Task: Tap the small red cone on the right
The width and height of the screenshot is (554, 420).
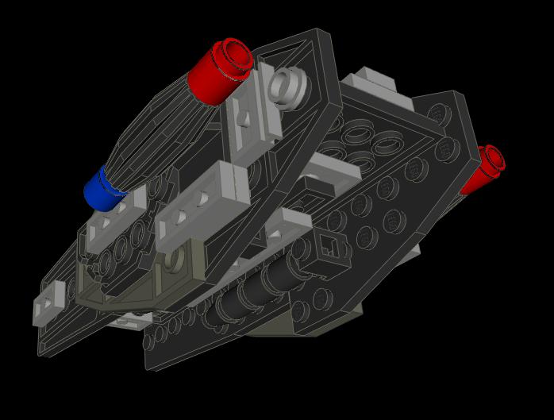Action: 482,171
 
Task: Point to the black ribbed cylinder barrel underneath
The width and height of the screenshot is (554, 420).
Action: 254,290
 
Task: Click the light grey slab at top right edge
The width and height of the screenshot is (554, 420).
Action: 373,83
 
